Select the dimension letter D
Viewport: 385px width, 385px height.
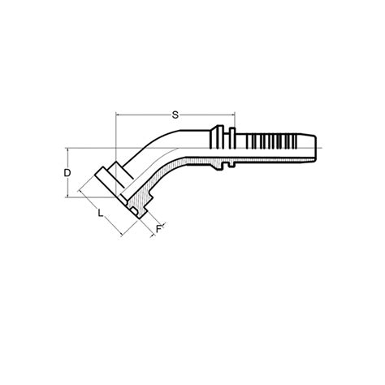pos(70,173)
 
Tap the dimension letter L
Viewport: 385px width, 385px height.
pos(99,213)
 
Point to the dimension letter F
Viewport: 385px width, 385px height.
pos(158,230)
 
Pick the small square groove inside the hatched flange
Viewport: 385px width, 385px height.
pos(132,212)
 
